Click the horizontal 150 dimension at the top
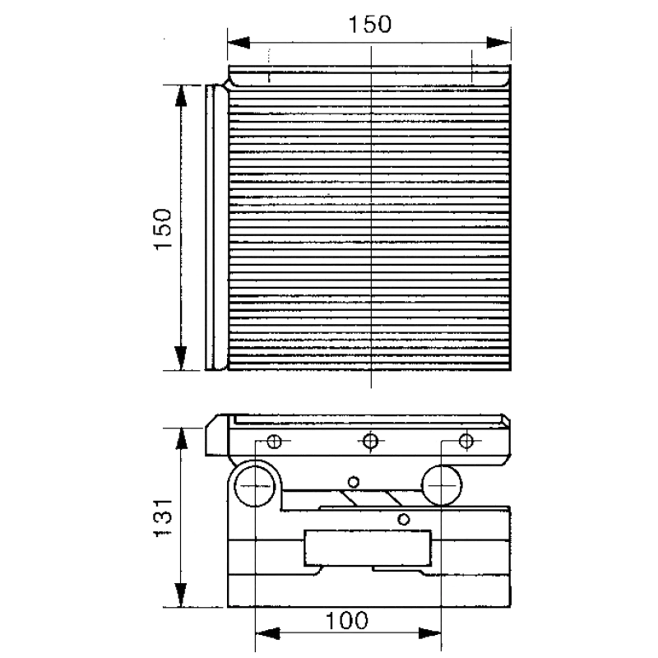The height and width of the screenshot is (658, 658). tap(369, 25)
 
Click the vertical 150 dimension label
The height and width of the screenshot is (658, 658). tap(163, 229)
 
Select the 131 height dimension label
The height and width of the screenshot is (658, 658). tap(163, 518)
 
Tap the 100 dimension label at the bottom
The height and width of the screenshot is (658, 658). tap(346, 621)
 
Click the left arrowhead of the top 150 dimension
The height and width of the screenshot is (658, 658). tap(239, 43)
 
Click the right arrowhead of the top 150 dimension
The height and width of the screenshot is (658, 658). tap(498, 43)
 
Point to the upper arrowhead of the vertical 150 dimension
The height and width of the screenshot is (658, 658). tap(181, 96)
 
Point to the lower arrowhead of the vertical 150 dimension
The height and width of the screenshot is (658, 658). tap(181, 359)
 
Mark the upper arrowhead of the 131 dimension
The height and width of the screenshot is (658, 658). tap(181, 439)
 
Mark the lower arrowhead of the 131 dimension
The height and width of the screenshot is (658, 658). tap(181, 595)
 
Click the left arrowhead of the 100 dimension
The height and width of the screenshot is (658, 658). tap(267, 633)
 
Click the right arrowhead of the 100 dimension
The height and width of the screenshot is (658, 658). tap(429, 633)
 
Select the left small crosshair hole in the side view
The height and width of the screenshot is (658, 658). tap(275, 441)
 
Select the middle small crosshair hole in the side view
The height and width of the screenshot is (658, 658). tap(370, 441)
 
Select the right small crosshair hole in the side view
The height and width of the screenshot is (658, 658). tap(466, 441)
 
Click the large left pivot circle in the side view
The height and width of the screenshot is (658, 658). tap(254, 486)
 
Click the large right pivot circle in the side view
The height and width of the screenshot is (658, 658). tap(441, 485)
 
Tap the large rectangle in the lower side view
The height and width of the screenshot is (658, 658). tap(368, 548)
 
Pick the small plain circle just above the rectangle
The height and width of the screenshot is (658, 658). tap(403, 520)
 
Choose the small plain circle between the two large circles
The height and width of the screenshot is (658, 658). tap(354, 482)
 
